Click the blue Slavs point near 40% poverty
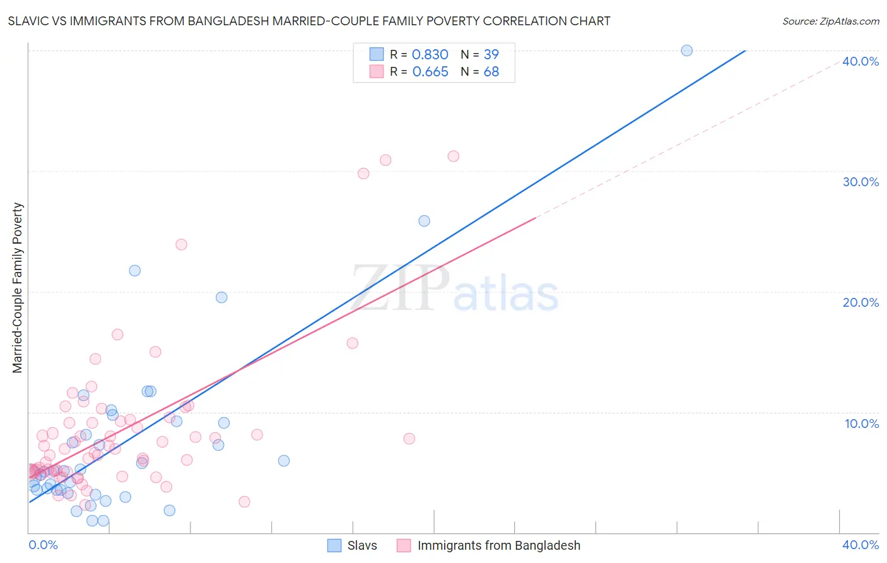pyautogui.click(x=686, y=50)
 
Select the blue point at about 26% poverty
pyautogui.click(x=424, y=221)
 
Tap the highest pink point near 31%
pyautogui.click(x=453, y=156)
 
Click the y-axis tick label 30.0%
pyautogui.click(x=861, y=182)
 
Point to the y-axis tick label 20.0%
pyautogui.click(x=861, y=302)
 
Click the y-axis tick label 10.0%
pyautogui.click(x=862, y=424)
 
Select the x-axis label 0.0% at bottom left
pyautogui.click(x=44, y=545)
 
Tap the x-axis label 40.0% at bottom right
pyautogui.click(x=861, y=545)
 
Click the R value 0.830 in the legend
pyautogui.click(x=430, y=55)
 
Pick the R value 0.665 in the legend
pyautogui.click(x=430, y=72)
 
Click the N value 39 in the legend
pyautogui.click(x=491, y=55)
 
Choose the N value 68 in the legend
pyautogui.click(x=491, y=72)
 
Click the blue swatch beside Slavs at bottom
pyautogui.click(x=334, y=545)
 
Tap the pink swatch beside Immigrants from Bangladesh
pyautogui.click(x=404, y=545)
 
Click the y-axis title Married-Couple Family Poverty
pyautogui.click(x=18, y=288)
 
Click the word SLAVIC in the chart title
pyautogui.click(x=28, y=21)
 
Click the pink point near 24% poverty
pyautogui.click(x=181, y=244)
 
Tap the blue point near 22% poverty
pyautogui.click(x=134, y=271)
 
